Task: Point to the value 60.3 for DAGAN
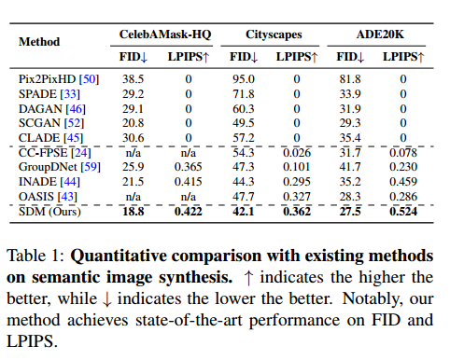[x=245, y=108]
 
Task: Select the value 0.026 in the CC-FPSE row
[x=298, y=151]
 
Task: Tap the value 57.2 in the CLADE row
[x=245, y=138]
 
